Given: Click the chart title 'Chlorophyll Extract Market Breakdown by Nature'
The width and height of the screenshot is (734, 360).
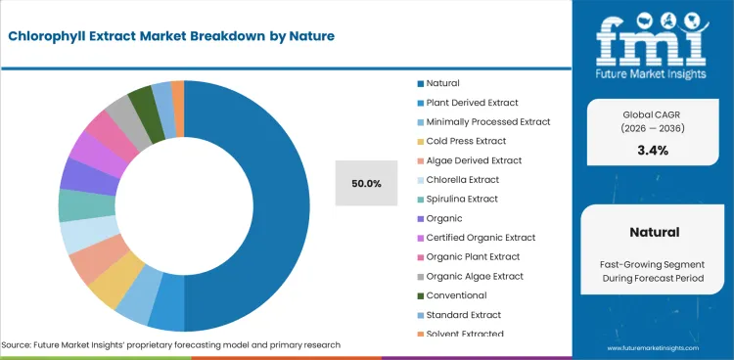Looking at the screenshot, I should click(x=172, y=36).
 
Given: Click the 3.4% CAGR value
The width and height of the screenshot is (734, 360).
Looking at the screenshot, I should click(x=652, y=150).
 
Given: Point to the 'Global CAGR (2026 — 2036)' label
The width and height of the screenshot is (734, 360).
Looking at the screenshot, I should click(x=652, y=121).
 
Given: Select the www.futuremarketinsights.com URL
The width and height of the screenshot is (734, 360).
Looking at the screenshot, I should click(x=653, y=348).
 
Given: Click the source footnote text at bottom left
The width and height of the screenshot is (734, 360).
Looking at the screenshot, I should click(x=171, y=345).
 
